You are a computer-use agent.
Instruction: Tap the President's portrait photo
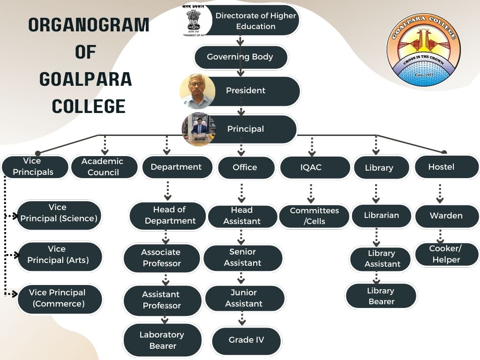tap(197, 91)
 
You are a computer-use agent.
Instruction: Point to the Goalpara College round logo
tap(424, 50)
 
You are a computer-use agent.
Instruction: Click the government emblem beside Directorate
tap(193, 21)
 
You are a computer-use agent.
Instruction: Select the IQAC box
tap(315, 167)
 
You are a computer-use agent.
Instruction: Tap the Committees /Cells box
tap(315, 216)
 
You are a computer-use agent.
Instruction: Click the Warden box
tap(446, 216)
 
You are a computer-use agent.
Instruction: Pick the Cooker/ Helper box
tap(446, 254)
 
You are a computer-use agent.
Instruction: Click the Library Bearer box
tap(381, 296)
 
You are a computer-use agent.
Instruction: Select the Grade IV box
tap(246, 340)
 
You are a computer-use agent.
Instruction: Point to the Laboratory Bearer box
tap(162, 340)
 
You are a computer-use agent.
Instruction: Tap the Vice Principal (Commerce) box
tap(59, 298)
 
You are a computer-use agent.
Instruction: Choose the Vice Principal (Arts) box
tap(59, 255)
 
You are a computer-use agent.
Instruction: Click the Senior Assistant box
tap(243, 258)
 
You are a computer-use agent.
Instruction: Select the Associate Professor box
tap(162, 258)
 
